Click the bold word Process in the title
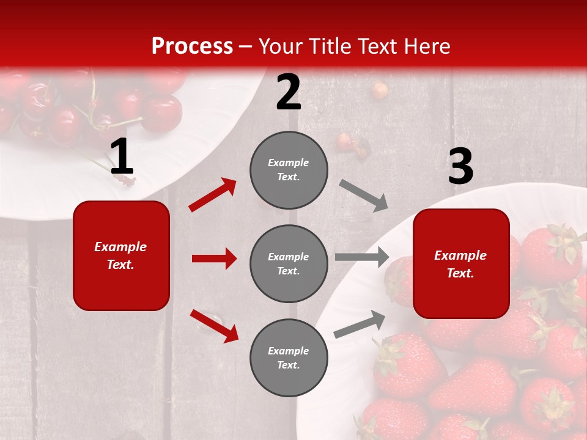pyautogui.click(x=192, y=46)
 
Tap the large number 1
pyautogui.click(x=122, y=157)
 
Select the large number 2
pyautogui.click(x=289, y=93)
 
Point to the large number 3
pyautogui.click(x=460, y=167)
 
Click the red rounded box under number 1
pyautogui.click(x=121, y=255)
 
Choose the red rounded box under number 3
pyautogui.click(x=461, y=263)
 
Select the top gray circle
pyautogui.click(x=289, y=170)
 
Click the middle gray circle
pyautogui.click(x=289, y=263)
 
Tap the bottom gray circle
pyautogui.click(x=289, y=358)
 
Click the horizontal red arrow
pyautogui.click(x=214, y=258)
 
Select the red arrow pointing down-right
pyautogui.click(x=214, y=325)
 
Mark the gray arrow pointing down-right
pyautogui.click(x=364, y=196)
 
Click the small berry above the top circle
pyautogui.click(x=380, y=90)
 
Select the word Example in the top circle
pyautogui.click(x=288, y=163)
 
